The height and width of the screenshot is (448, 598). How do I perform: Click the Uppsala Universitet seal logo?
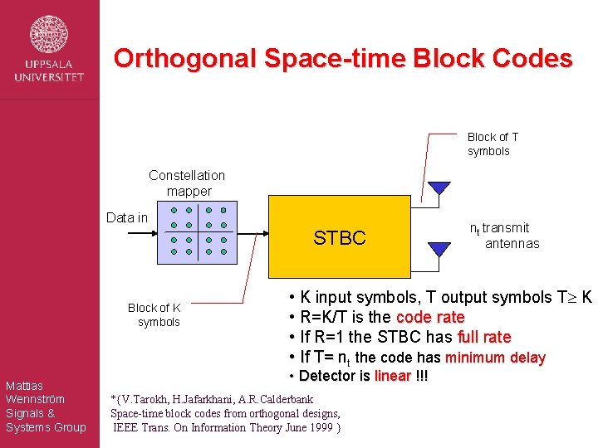point(49,34)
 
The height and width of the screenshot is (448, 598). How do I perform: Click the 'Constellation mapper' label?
point(187,183)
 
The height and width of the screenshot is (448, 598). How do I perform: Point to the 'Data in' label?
point(127,217)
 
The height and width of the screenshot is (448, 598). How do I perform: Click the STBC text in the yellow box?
point(339,238)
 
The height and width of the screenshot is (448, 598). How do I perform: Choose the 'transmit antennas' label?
point(505,236)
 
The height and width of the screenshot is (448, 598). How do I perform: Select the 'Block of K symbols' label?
point(154,314)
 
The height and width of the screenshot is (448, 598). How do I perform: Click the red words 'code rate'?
point(430,317)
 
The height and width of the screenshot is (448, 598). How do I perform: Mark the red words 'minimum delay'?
point(495,358)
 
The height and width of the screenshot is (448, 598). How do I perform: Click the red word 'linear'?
point(393,376)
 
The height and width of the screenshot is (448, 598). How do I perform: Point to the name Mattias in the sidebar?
point(24,385)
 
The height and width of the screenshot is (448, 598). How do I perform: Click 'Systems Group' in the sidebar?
point(45,427)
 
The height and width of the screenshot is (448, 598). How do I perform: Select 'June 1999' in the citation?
point(308,427)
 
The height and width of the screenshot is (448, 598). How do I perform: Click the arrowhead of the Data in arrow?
point(154,233)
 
